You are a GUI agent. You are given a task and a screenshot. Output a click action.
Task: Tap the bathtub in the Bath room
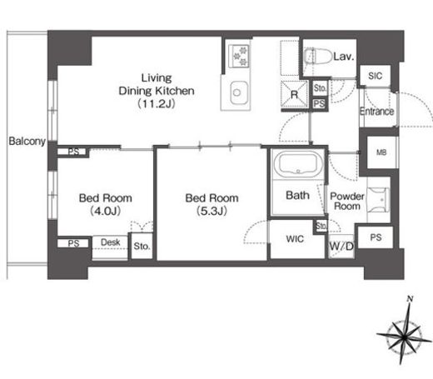tap(298, 164)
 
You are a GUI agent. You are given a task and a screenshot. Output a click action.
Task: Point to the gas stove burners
tap(240, 56)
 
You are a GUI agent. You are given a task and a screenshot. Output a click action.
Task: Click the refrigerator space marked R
tap(294, 94)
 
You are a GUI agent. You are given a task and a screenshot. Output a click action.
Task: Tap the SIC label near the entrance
tap(375, 76)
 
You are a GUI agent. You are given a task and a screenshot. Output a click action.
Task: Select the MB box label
tap(381, 152)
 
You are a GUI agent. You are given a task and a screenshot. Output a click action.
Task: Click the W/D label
tap(341, 246)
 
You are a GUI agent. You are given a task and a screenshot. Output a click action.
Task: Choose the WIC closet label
tap(295, 239)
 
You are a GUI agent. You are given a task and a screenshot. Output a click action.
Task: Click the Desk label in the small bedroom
tap(110, 242)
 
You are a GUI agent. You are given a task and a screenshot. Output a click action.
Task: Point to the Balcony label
tap(27, 141)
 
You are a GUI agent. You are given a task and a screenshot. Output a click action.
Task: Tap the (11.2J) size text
tap(157, 104)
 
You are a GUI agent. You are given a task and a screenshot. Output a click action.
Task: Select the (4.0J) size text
tap(105, 212)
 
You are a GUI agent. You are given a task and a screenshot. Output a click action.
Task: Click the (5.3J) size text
tap(212, 212)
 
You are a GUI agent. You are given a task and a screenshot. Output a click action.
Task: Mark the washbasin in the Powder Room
tap(378, 200)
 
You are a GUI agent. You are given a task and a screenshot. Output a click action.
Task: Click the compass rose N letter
tap(410, 299)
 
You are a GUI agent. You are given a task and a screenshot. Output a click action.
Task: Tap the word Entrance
tap(376, 112)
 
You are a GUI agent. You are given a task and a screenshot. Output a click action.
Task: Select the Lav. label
tap(344, 57)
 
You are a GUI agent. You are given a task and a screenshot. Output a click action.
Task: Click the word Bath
tap(297, 195)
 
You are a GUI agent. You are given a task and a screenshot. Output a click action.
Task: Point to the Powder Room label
tap(347, 202)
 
